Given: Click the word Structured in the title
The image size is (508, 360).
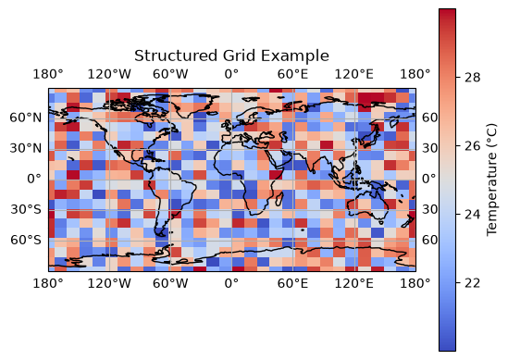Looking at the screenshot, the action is coord(176,56).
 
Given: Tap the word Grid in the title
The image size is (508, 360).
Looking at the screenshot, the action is coord(239,56).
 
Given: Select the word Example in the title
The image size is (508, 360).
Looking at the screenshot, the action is coord(295,56).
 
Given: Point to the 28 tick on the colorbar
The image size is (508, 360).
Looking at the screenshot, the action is coord(472,78).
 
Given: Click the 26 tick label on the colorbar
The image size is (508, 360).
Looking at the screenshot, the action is coord(472,146).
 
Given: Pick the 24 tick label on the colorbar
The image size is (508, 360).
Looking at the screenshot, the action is coord(472,214).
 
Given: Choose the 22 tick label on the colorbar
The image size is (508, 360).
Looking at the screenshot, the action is coord(472,283).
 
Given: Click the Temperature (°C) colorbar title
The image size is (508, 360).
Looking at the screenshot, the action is coord(491,180).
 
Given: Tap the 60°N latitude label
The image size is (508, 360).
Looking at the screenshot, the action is coord(26,118).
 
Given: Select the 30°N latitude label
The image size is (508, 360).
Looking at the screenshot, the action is coord(26,148).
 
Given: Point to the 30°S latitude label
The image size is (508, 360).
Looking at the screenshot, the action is coord(26,209).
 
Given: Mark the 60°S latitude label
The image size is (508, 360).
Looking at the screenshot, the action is coord(26,240).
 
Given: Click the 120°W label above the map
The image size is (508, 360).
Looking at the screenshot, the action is coord(109,74).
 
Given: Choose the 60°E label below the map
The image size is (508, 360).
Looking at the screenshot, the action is coord(292,283).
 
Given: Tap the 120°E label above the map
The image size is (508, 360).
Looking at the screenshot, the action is coord(353,74).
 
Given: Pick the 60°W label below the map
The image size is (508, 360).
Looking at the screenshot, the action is coord(170,283).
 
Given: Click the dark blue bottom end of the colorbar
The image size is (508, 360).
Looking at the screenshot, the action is coord(448,347).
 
